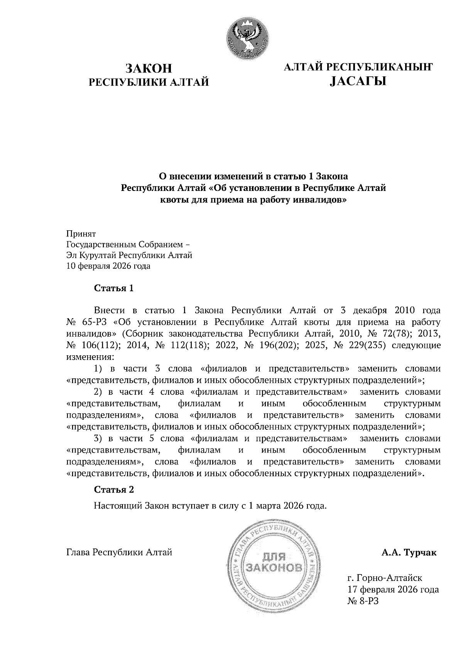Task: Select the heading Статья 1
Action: tap(114, 288)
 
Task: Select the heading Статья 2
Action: tap(114, 490)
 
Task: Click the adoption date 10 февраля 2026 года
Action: tap(108, 266)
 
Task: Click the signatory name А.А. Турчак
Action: tap(409, 553)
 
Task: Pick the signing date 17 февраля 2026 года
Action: tap(393, 589)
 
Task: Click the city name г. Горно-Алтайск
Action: tap(385, 578)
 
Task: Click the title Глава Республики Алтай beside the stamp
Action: tap(119, 552)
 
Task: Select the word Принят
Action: tap(81, 234)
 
